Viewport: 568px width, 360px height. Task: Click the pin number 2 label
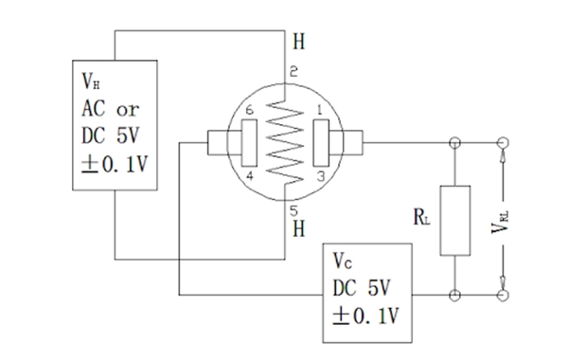(x=294, y=73)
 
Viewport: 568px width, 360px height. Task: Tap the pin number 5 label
(x=294, y=210)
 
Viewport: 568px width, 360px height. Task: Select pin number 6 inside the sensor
(x=249, y=111)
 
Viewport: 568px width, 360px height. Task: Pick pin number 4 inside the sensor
(x=249, y=175)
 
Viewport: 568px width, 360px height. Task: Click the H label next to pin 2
(x=299, y=43)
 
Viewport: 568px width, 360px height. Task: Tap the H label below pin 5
(x=299, y=229)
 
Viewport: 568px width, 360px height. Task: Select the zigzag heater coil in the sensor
(x=284, y=142)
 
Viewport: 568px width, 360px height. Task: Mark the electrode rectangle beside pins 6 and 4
(x=250, y=143)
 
